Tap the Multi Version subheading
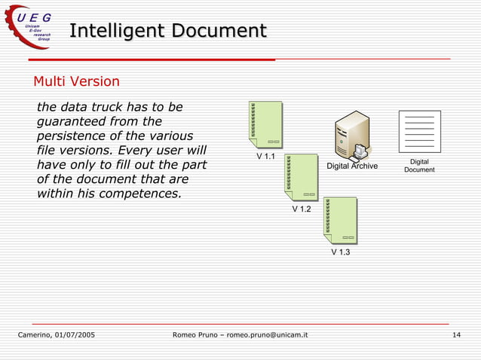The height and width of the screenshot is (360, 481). tap(76, 81)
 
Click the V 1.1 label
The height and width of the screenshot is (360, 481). tap(265, 157)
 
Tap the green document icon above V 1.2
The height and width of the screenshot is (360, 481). tap(302, 176)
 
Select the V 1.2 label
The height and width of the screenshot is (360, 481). tap(302, 209)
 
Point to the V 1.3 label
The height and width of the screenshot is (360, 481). tap(341, 253)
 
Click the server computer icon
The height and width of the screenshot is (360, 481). tap(351, 136)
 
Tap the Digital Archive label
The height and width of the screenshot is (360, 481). tap(352, 166)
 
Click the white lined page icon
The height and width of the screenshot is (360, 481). tap(419, 131)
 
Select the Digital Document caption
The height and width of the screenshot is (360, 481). tap(419, 166)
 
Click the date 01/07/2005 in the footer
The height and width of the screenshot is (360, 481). tap(74, 334)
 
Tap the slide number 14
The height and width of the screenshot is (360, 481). tap(456, 334)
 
